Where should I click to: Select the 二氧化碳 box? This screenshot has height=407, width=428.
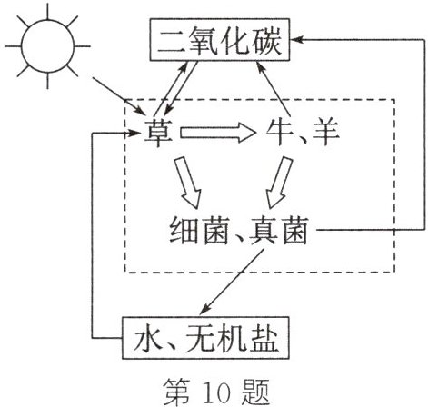click(x=220, y=40)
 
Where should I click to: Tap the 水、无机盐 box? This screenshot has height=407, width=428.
click(x=205, y=338)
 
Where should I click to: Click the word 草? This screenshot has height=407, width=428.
click(x=158, y=132)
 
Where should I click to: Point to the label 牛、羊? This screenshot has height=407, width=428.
click(x=303, y=132)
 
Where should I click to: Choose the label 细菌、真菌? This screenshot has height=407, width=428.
click(x=239, y=231)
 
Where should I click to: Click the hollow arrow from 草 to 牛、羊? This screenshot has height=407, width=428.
click(x=218, y=133)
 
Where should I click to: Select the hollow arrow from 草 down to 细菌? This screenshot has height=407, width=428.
click(x=188, y=183)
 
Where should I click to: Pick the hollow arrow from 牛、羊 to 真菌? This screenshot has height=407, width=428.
click(x=279, y=183)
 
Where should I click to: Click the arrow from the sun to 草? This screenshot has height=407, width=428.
click(x=118, y=96)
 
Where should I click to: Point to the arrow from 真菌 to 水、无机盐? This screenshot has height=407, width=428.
click(x=232, y=282)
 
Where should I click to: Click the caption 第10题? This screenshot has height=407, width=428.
click(x=216, y=392)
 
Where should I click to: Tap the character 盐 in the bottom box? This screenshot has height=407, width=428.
click(x=263, y=338)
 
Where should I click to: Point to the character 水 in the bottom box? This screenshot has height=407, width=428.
click(x=148, y=338)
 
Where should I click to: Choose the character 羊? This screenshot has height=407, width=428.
click(x=325, y=133)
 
